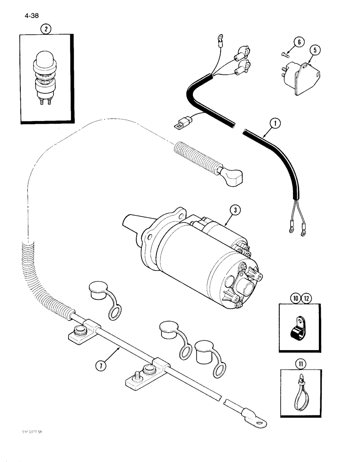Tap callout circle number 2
pos(46,29)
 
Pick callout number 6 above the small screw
pos(299,43)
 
